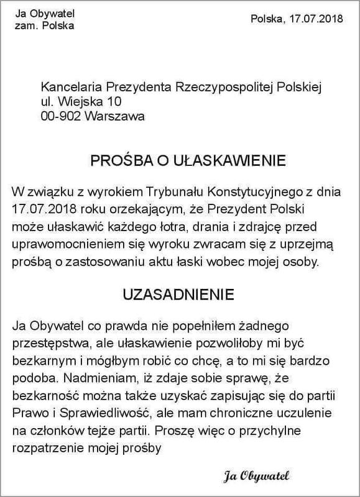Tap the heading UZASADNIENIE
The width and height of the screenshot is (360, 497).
[180, 292]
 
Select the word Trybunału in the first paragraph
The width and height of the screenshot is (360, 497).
[186, 190]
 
